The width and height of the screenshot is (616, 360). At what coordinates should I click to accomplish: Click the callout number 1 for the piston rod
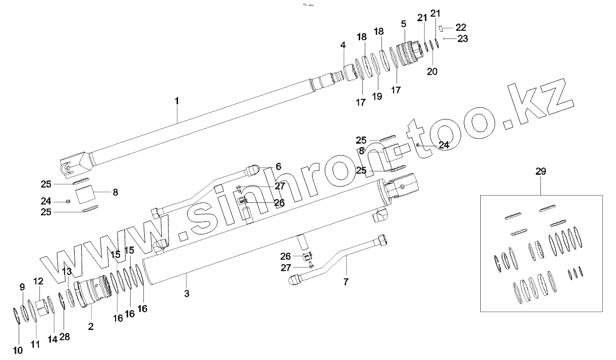[x=177, y=101]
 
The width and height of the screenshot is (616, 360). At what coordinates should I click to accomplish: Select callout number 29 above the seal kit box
[x=540, y=172]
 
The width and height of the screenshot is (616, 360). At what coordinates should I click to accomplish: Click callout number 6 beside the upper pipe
[x=278, y=166]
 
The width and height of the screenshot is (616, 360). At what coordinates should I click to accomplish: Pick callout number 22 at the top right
[x=461, y=27]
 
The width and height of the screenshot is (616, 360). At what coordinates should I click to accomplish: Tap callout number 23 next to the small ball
[x=462, y=39]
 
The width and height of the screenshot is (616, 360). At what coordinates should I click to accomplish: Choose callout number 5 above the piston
[x=404, y=24]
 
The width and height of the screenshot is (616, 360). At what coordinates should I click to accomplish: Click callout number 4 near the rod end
[x=343, y=45]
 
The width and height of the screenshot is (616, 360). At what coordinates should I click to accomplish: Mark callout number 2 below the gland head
[x=91, y=326]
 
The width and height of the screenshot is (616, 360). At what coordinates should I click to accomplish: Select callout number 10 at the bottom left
[x=18, y=350]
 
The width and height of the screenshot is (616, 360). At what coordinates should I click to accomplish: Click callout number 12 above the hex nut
[x=39, y=281]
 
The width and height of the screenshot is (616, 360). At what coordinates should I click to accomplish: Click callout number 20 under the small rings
[x=432, y=71]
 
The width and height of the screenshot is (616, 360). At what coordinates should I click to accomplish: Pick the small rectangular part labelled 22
[x=441, y=28]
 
